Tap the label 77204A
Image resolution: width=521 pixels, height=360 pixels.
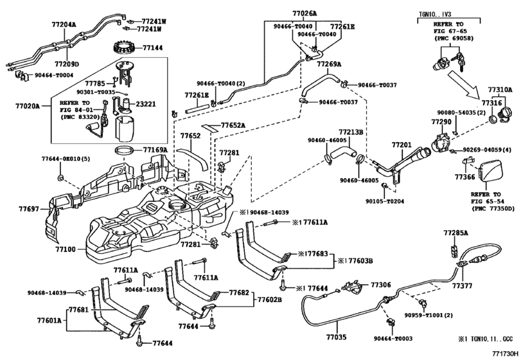tap(64, 24)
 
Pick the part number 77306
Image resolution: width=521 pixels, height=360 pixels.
tap(380, 284)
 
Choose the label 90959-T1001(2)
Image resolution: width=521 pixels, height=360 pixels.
tap(429, 315)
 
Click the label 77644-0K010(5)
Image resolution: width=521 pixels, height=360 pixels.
tap(62, 158)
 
